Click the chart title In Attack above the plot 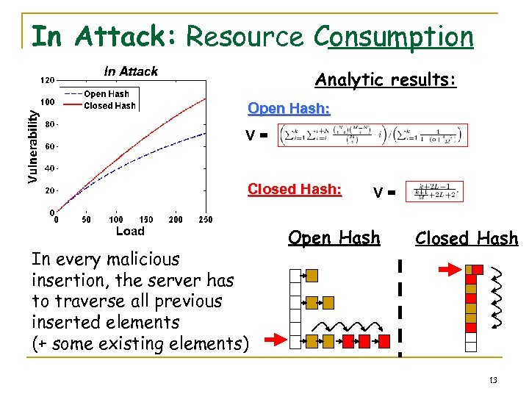coord(131,71)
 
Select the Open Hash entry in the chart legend coord(106,94)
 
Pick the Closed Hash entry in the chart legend coord(109,106)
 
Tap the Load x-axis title coord(131,232)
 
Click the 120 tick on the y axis coord(47,79)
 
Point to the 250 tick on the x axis coord(205,220)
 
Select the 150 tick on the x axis coord(146,220)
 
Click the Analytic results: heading coord(386,79)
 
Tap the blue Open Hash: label coord(289,109)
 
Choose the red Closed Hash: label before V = coord(295,189)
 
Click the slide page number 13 coord(492,379)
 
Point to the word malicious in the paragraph coord(144,260)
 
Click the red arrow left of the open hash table coord(273,340)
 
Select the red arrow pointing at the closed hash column coord(447,271)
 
